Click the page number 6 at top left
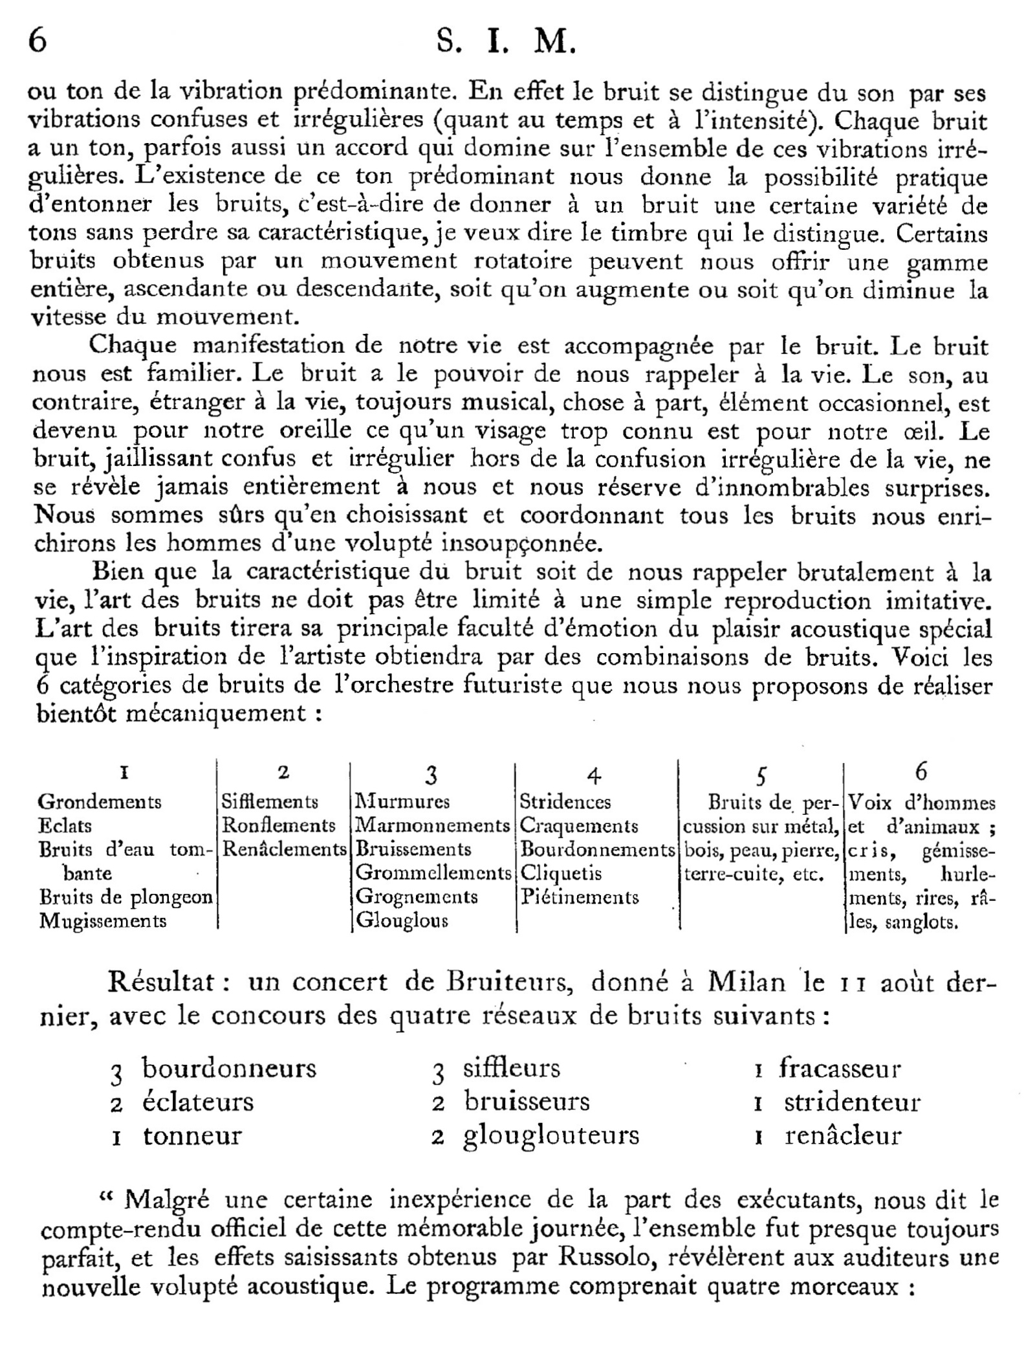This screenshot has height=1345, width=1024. [38, 42]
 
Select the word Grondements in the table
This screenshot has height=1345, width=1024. [99, 803]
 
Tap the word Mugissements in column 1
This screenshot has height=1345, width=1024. [103, 921]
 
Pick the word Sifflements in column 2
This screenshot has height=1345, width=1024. [270, 803]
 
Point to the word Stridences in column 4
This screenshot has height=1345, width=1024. [565, 803]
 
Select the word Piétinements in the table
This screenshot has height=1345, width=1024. [580, 898]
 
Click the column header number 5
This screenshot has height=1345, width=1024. [761, 775]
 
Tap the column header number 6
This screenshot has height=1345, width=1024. [921, 772]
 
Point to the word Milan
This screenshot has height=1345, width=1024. [746, 982]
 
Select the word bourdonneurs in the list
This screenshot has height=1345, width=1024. [230, 1068]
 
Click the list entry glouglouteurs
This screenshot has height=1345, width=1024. [551, 1135]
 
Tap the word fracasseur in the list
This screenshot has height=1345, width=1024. [840, 1068]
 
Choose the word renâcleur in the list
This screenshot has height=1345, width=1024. [843, 1135]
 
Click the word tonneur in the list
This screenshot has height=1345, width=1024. [192, 1135]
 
